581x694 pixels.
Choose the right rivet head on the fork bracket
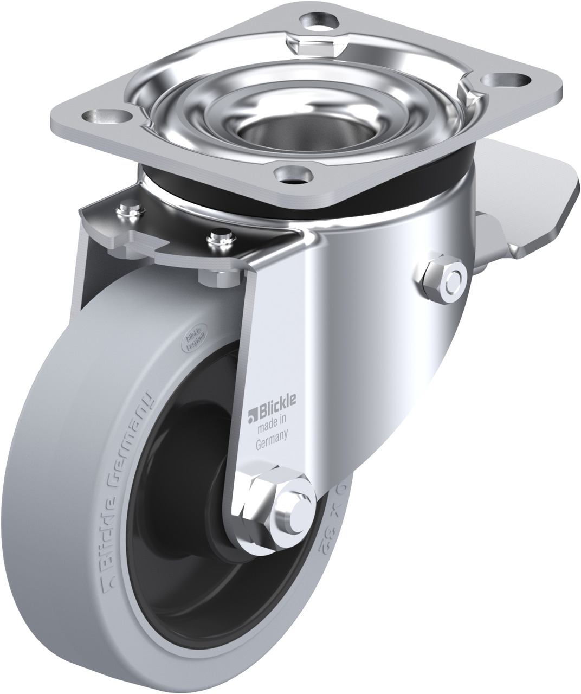click(x=219, y=236)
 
